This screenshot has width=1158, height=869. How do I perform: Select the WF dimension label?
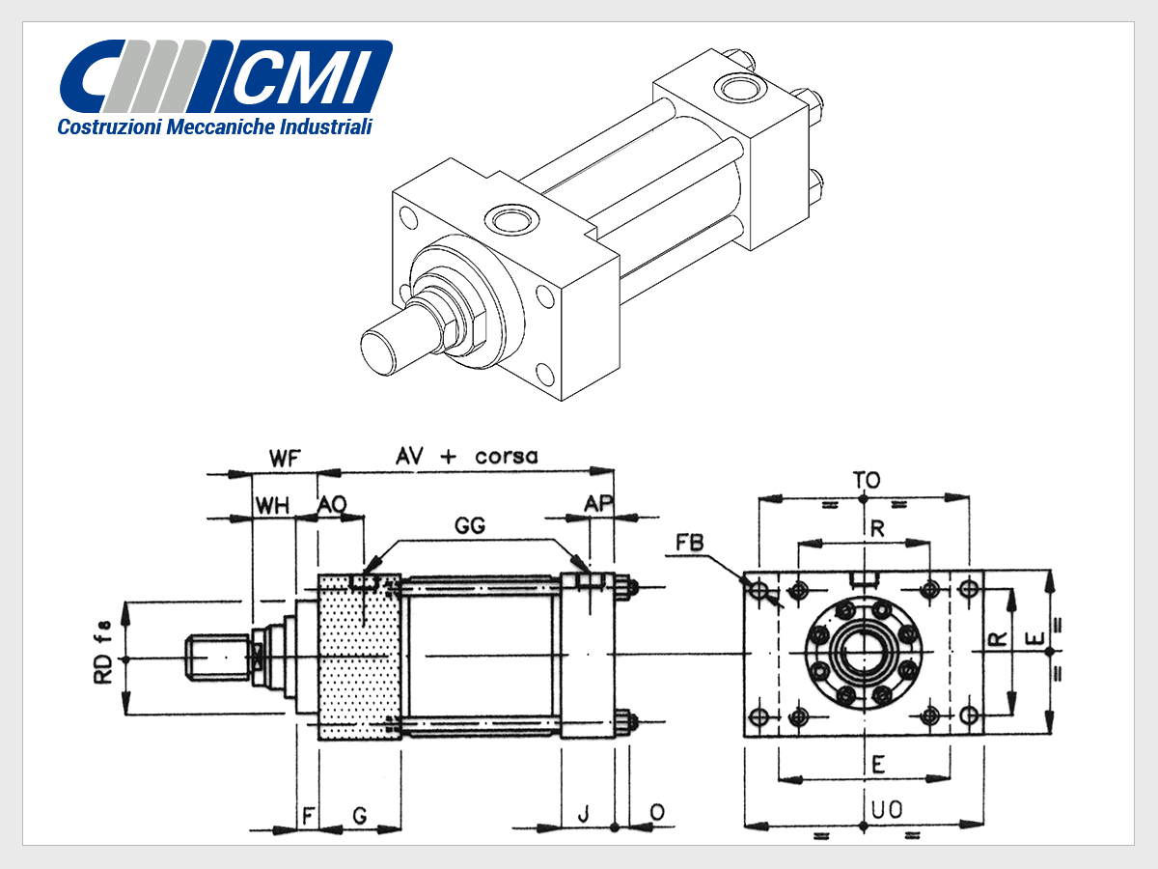coord(284,458)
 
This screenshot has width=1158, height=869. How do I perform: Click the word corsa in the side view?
coord(506,457)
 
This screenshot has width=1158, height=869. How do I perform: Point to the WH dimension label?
coord(272,505)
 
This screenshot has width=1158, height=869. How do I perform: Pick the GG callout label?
coord(470,525)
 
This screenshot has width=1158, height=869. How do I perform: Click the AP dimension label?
coord(598,504)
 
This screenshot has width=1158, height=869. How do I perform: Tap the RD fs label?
coord(103,652)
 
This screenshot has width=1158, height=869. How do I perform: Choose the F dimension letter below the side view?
coord(308,816)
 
